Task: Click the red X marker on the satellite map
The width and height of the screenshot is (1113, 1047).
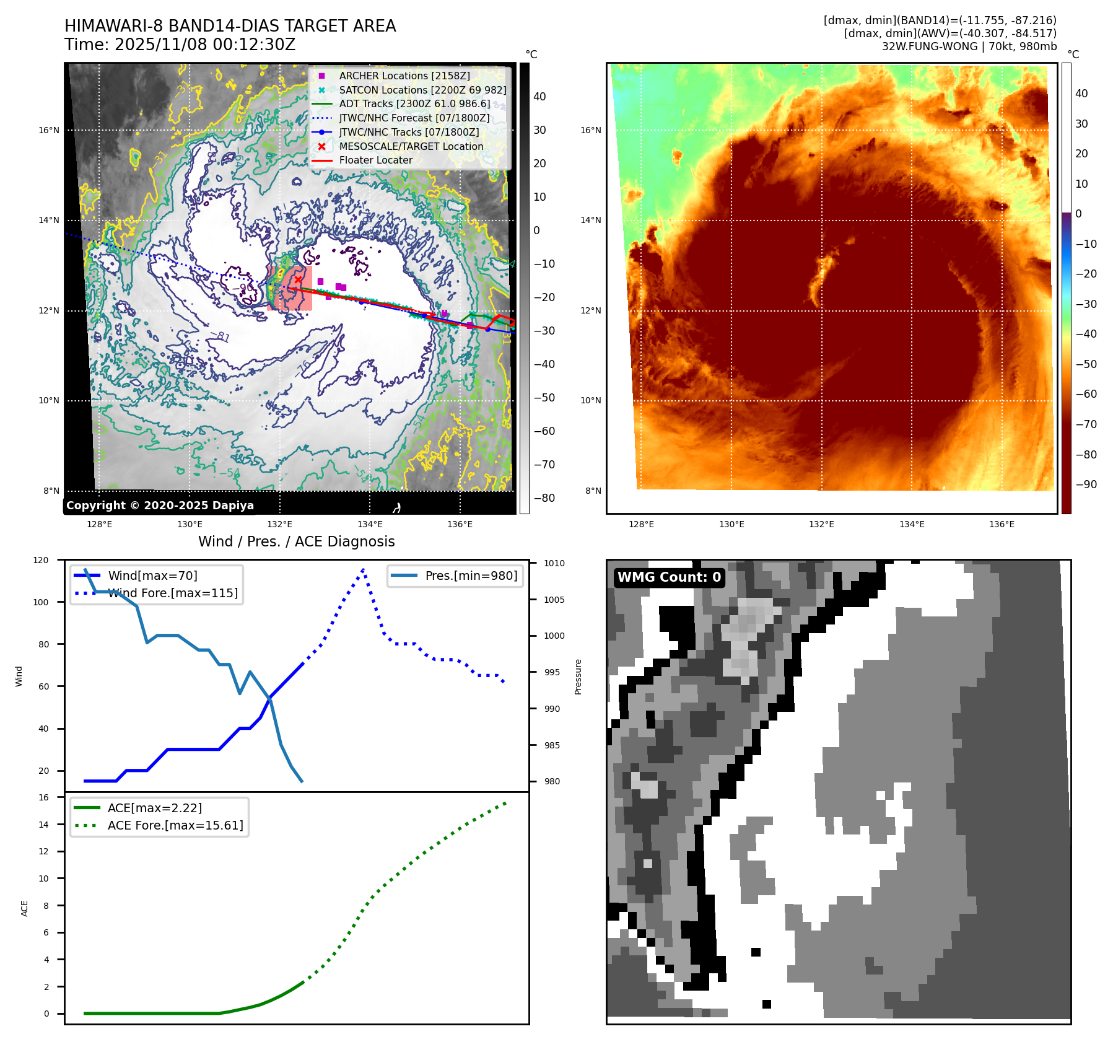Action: (298, 280)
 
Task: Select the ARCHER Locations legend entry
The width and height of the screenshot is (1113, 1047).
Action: (404, 76)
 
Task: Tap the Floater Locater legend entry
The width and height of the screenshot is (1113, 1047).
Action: (375, 160)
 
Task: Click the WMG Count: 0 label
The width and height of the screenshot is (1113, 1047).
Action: (669, 577)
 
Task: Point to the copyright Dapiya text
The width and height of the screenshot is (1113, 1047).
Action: (160, 506)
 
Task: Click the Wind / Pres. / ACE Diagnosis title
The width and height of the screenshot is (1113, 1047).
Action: (296, 541)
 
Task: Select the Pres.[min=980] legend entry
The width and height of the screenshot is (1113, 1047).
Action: (471, 576)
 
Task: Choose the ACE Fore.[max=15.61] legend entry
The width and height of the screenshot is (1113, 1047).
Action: (175, 825)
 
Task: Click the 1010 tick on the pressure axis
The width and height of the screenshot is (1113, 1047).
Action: (554, 563)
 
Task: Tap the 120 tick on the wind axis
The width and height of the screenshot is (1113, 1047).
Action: (41, 560)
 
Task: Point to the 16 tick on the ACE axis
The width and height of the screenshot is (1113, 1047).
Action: (43, 797)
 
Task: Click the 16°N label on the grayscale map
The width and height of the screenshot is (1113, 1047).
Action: (49, 130)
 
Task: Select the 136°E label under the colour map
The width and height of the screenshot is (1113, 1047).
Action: (1002, 524)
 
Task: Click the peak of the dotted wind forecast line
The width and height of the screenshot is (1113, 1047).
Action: (363, 569)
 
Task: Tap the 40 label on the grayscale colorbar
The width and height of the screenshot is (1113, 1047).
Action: (539, 96)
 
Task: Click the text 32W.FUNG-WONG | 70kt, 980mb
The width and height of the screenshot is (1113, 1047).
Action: (969, 46)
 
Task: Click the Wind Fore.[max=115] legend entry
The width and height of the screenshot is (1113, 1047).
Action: (173, 593)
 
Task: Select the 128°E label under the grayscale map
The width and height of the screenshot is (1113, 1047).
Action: (99, 524)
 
